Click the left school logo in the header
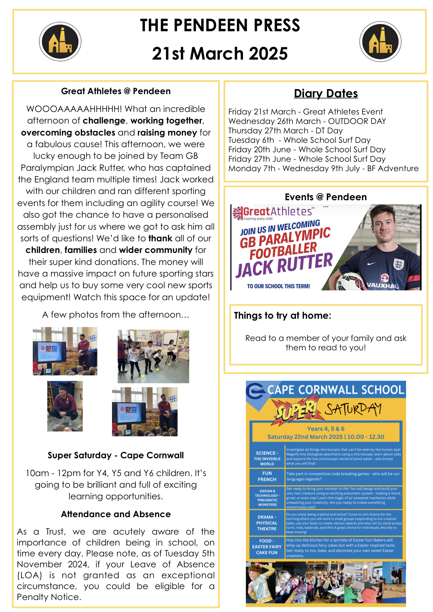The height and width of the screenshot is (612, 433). click(60, 41)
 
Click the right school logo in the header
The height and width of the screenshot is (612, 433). click(380, 41)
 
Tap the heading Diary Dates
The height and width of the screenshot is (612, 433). click(326, 94)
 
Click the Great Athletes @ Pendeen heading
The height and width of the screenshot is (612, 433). click(116, 91)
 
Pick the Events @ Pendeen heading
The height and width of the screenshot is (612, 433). click(326, 197)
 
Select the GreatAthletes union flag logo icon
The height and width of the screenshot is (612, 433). click(238, 213)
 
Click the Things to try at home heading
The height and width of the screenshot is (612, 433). click(282, 315)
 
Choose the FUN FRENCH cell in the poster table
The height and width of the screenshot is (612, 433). click(267, 476)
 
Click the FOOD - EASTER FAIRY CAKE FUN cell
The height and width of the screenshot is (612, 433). click(267, 547)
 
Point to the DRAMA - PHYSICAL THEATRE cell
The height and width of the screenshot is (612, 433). click(267, 523)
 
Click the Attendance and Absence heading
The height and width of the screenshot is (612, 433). click(116, 514)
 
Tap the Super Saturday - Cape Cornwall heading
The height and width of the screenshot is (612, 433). click(116, 455)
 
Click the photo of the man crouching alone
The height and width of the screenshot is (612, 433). click(65, 406)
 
